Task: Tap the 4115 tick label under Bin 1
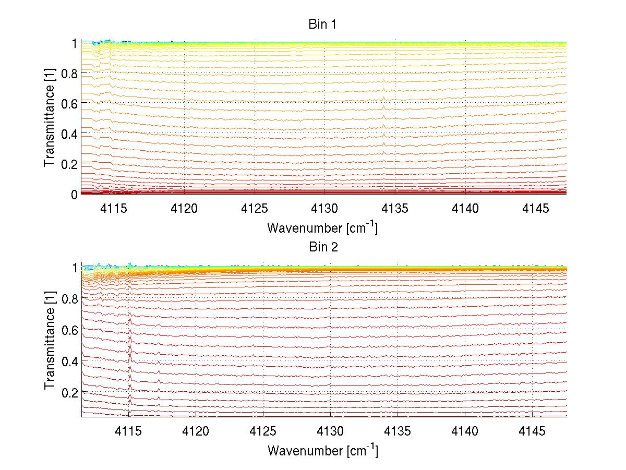[113, 208]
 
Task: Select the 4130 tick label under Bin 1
[324, 208]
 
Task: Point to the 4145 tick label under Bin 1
[535, 208]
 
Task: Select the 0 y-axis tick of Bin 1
[74, 194]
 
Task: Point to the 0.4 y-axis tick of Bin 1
[70, 134]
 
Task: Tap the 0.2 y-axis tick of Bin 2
[70, 392]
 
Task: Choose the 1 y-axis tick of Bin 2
[74, 268]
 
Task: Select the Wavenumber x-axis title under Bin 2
[322, 450]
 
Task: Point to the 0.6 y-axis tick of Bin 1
[70, 103]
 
